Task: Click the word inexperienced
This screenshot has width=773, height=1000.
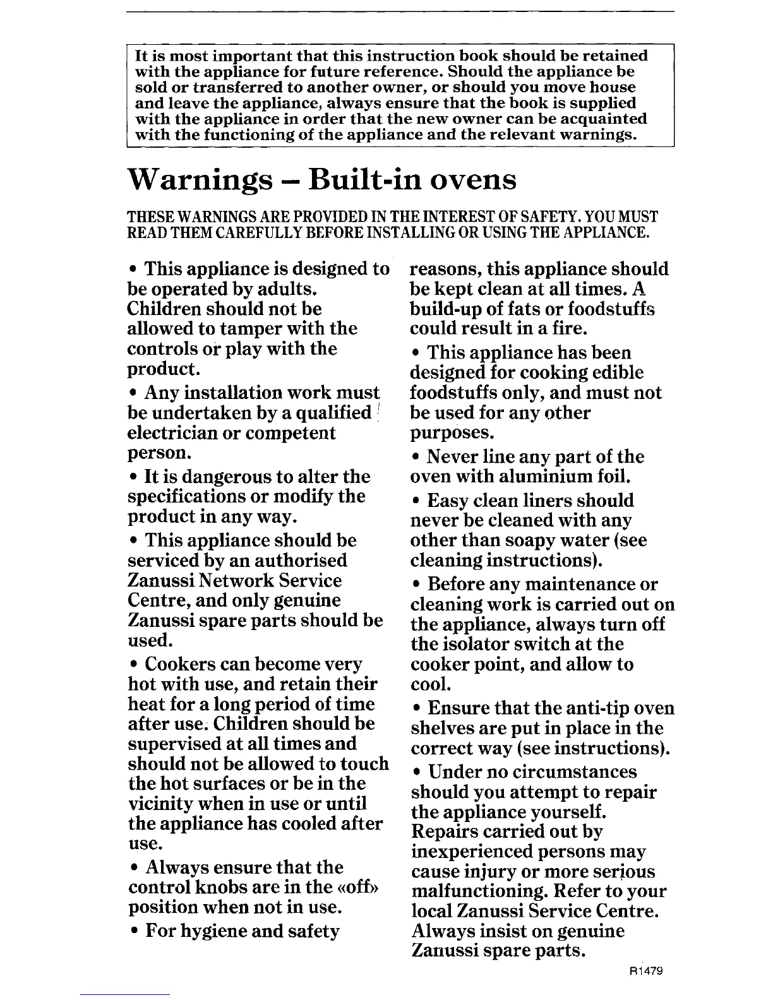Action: [472, 852]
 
